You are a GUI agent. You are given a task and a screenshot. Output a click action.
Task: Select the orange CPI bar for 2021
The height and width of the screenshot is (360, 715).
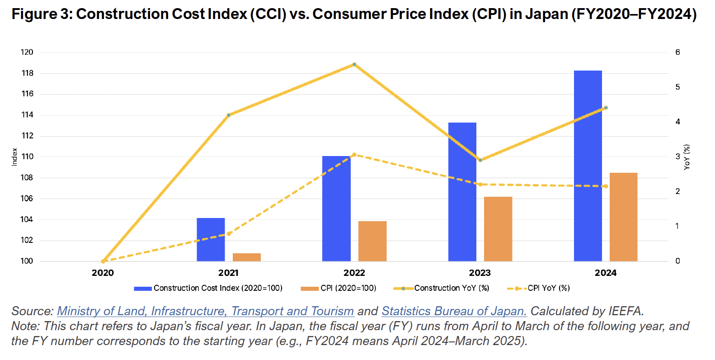(x=247, y=257)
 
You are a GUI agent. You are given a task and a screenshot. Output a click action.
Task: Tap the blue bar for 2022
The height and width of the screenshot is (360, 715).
(x=336, y=208)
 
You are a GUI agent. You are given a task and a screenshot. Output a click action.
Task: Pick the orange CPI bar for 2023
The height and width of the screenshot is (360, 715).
(x=498, y=229)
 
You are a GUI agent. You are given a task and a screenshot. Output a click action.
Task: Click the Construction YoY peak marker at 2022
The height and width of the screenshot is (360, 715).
(x=354, y=64)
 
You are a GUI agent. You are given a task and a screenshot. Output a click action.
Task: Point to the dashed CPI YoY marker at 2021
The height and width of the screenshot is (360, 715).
(x=229, y=234)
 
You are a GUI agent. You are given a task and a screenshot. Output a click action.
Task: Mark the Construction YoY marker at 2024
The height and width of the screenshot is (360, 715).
(x=606, y=108)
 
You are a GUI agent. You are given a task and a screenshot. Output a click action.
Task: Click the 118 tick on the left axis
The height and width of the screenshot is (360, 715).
(x=28, y=73)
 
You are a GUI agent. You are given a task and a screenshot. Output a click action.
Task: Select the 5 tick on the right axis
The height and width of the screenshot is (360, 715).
(x=677, y=87)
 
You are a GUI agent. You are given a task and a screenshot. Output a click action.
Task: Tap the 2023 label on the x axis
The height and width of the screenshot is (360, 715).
(x=480, y=273)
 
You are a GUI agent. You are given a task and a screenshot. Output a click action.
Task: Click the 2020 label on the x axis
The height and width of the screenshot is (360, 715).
(x=103, y=273)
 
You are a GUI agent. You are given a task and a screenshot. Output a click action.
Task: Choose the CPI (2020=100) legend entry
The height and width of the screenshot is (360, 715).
(x=348, y=288)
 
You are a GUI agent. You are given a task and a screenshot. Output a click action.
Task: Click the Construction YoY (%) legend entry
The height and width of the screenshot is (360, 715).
(x=451, y=288)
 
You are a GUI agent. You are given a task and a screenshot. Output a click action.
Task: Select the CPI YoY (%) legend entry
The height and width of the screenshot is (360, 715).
(x=548, y=288)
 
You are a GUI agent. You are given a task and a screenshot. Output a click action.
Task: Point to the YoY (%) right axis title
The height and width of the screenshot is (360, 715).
(x=687, y=157)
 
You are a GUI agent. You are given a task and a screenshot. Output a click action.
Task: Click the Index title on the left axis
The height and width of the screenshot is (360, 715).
(x=14, y=157)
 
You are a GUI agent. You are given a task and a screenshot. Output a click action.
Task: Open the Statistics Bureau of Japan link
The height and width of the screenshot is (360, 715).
(x=454, y=311)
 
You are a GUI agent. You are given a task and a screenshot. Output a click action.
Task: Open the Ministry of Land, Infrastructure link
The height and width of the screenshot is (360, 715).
(x=205, y=311)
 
